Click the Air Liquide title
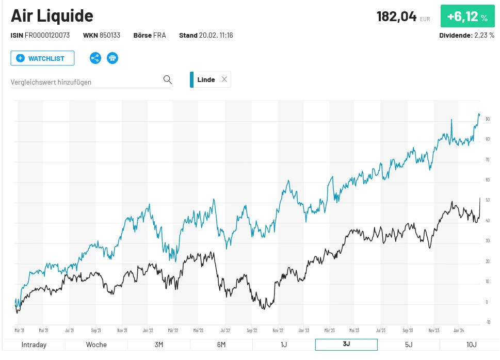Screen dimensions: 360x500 [x=52, y=16]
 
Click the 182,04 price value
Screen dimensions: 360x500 [x=396, y=17]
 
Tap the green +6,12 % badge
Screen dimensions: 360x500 [x=467, y=17]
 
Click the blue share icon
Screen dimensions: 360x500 [x=95, y=58]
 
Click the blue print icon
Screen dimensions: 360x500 [x=112, y=58]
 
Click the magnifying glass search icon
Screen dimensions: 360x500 [x=167, y=79]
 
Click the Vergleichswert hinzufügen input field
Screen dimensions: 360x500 [x=85, y=82]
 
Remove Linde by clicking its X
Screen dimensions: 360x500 [x=224, y=79]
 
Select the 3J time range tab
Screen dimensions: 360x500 [x=346, y=345]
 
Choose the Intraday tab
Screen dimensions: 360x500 [x=34, y=345]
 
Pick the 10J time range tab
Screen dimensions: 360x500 [x=471, y=345]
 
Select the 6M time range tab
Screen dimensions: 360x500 [x=221, y=345]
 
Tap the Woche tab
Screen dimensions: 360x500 [x=96, y=345]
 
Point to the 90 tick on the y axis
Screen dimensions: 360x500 [x=487, y=119]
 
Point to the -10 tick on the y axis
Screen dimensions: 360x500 [x=488, y=322]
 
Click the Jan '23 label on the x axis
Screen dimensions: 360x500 [x=303, y=330]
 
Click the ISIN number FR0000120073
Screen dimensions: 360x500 [x=47, y=36]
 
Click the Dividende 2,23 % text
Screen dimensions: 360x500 [x=466, y=36]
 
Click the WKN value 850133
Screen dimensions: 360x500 [x=109, y=36]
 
